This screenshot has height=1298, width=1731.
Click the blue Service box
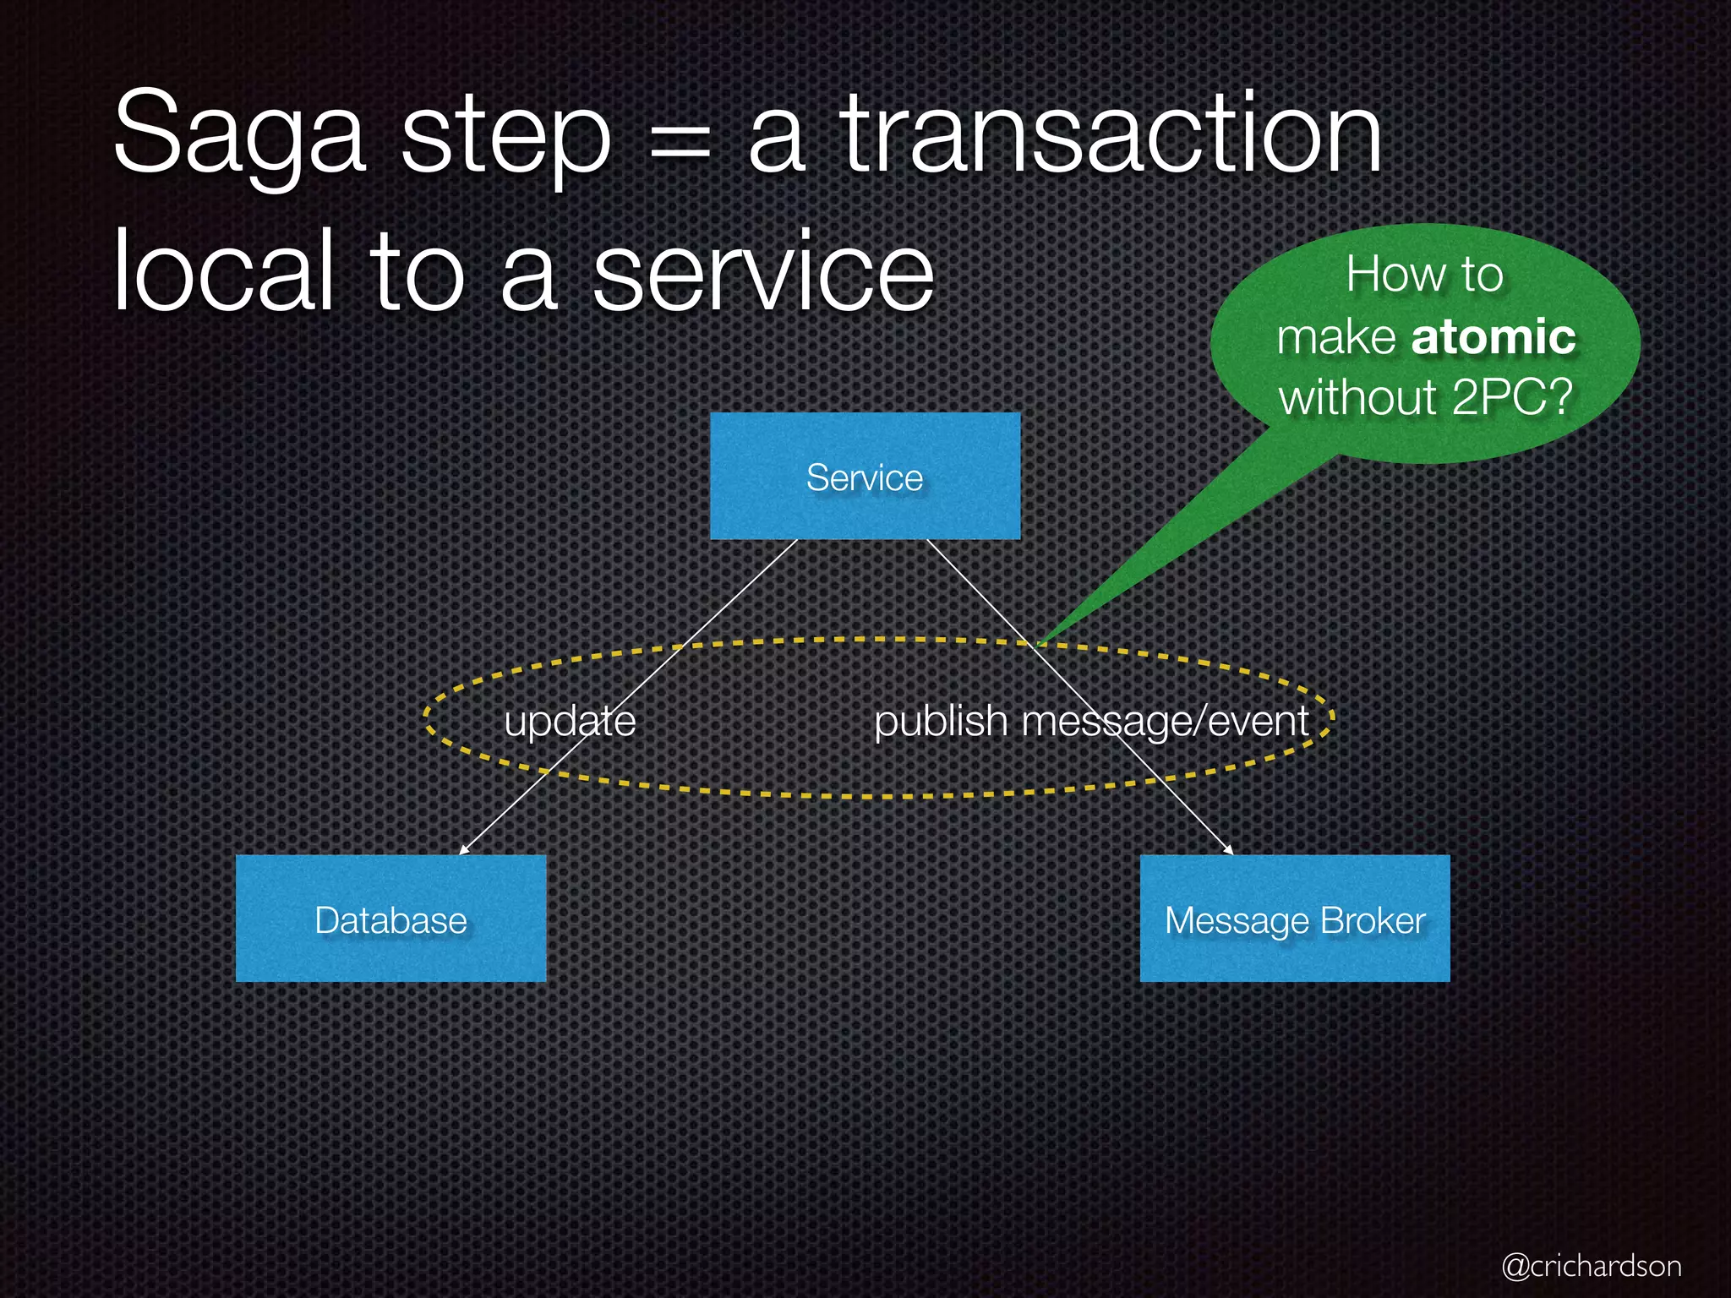coord(865,477)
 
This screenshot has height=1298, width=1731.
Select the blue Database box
coord(390,919)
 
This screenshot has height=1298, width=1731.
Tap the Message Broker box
coord(1295,919)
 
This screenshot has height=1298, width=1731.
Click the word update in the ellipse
coord(570,721)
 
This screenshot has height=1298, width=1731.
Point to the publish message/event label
coord(1091,721)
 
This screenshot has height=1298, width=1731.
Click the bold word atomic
coord(1493,336)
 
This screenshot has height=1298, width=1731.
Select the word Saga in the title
coord(239,135)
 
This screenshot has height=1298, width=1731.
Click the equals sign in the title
coord(680,140)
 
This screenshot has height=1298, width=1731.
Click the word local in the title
coord(223,270)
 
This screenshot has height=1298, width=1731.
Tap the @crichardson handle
coord(1591,1266)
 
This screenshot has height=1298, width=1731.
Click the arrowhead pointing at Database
coord(463,849)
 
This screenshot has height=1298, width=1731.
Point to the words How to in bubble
coord(1424,274)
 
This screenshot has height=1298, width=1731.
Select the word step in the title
coord(505,139)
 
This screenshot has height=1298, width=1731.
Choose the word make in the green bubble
coord(1336,336)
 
